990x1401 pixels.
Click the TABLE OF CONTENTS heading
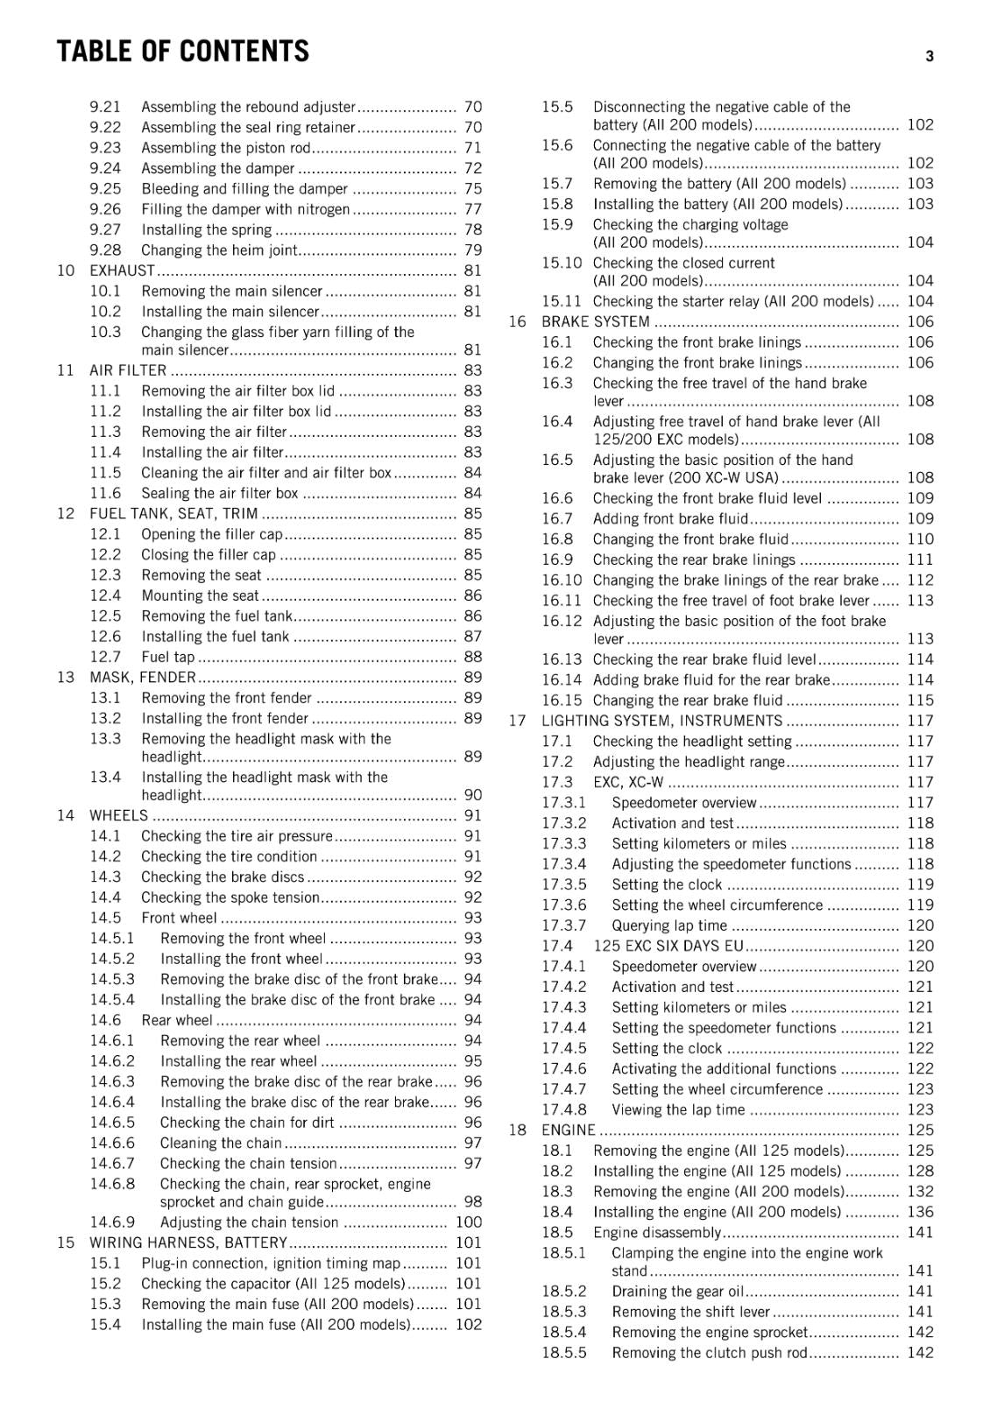(182, 52)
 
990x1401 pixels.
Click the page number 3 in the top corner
(929, 56)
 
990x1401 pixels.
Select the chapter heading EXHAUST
(122, 271)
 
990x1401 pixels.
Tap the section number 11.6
(105, 493)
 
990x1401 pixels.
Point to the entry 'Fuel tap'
(167, 657)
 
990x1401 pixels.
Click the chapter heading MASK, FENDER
(143, 677)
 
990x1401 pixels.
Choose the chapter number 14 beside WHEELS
(66, 815)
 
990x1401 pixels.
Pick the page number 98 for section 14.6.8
(473, 1201)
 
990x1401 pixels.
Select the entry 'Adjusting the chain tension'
(249, 1222)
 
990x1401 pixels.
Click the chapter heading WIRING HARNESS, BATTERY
(188, 1243)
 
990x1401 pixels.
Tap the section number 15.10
(561, 263)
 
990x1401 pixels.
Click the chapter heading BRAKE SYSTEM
(595, 321)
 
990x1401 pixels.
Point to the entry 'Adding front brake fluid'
(670, 518)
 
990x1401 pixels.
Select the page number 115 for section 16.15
(920, 700)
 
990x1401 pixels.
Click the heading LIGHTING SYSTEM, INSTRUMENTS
(661, 721)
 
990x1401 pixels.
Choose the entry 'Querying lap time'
(669, 926)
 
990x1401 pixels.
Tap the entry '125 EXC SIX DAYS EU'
(668, 946)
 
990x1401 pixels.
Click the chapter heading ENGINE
(568, 1130)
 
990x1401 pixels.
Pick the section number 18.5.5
(563, 1353)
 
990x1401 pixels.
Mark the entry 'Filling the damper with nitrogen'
(245, 209)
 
